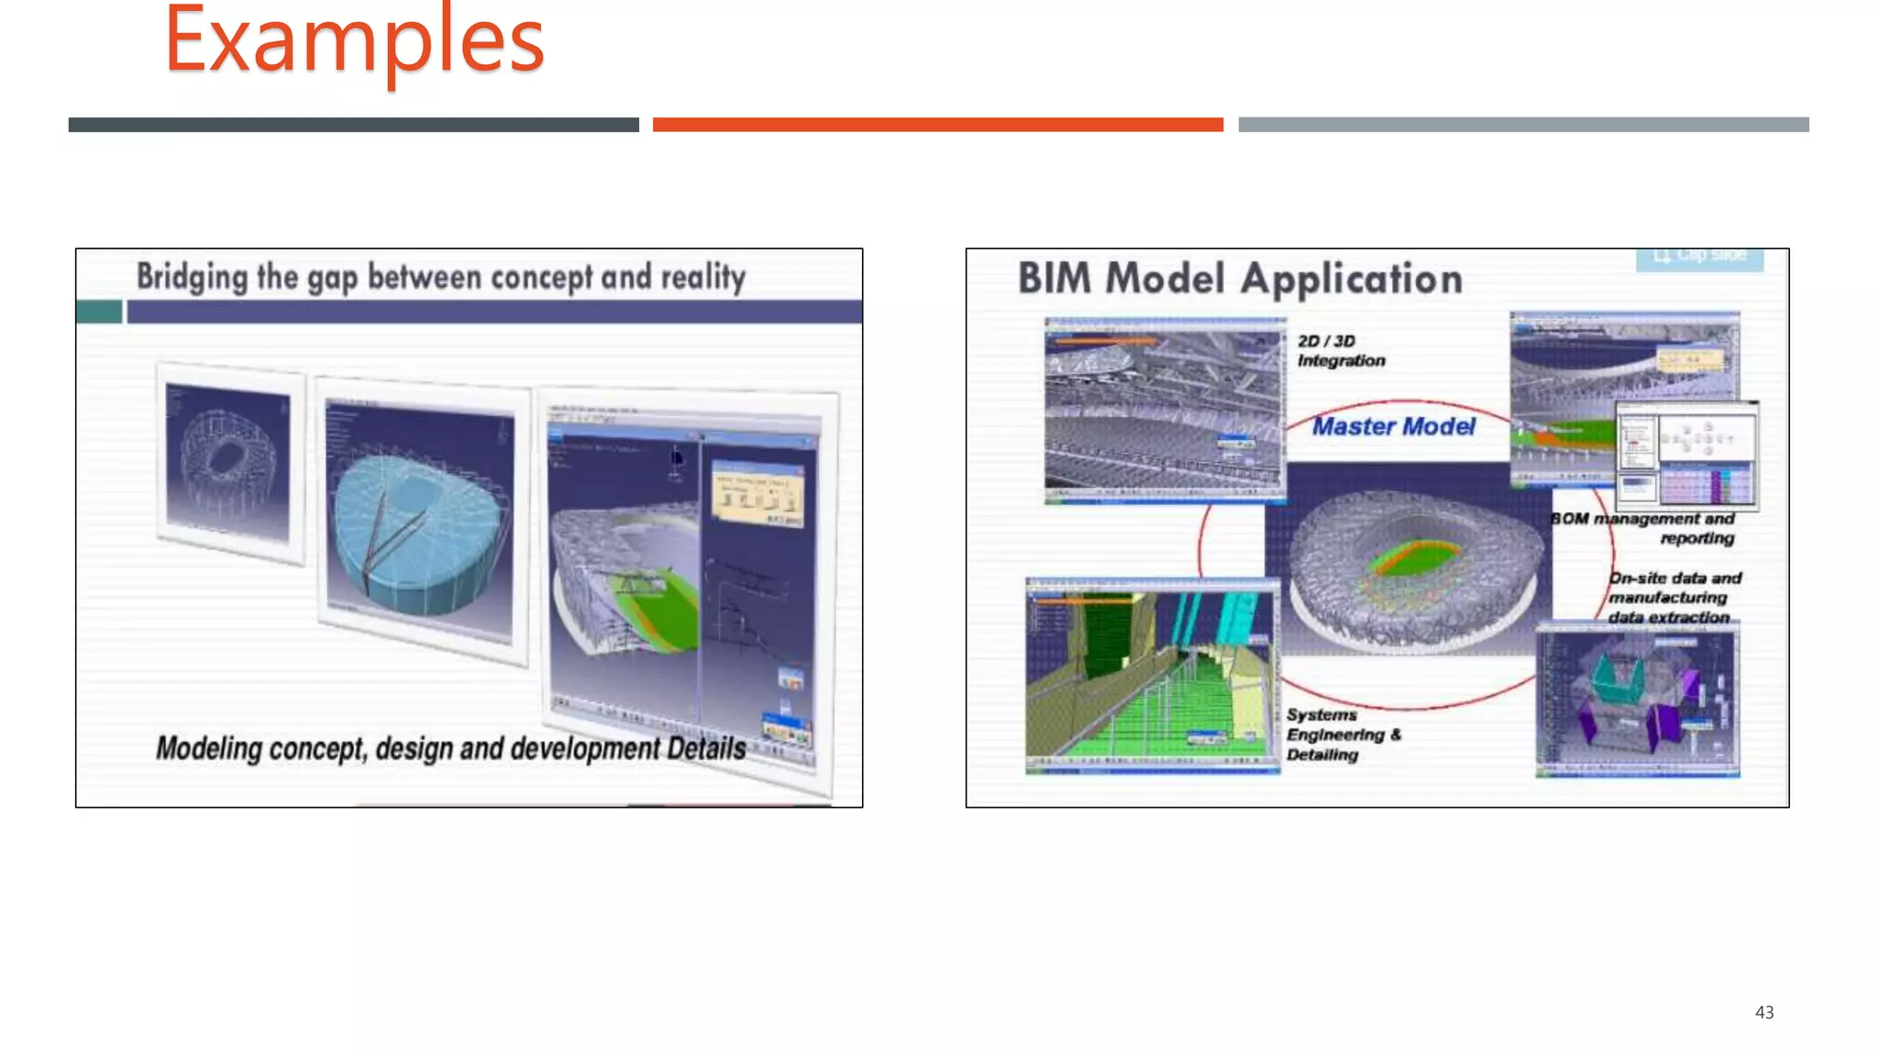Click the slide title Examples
354,41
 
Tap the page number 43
1763,1012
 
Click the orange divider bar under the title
937,125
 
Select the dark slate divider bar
353,125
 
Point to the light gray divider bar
1523,125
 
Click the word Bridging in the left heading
193,277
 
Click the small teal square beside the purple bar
99,312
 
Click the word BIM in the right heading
1055,279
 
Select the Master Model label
1393,426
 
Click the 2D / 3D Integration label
1340,351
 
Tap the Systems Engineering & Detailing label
1341,734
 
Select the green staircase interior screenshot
1152,676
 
